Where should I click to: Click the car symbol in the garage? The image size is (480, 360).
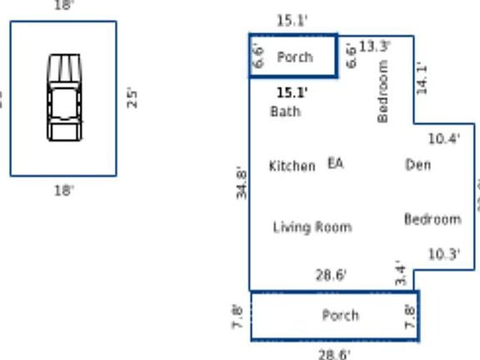64,97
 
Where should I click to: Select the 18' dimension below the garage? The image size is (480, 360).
63,191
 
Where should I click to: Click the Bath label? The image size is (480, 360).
285,112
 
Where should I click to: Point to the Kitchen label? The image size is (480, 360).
292,166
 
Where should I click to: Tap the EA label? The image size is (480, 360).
335,163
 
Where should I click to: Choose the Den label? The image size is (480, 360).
417,165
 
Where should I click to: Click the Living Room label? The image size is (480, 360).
312,227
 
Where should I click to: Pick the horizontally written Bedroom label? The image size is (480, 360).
432,219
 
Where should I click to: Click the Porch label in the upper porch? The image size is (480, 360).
294,57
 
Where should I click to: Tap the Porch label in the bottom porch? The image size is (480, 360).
340,315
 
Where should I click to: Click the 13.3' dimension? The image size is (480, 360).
375,47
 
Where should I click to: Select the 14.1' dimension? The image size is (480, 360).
422,78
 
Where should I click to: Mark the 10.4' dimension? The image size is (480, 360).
443,139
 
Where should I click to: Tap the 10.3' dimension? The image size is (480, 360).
443,254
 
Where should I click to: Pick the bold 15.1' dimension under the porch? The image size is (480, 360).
292,92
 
